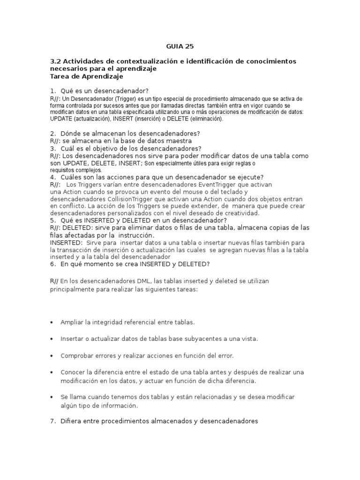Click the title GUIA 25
coord(180,46)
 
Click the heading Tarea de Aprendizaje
coord(86,76)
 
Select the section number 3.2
coord(55,61)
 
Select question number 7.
coord(53,421)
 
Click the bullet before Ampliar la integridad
coord(51,322)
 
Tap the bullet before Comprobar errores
coord(51,356)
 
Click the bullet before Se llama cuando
coord(51,397)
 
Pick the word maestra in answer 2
coord(179,141)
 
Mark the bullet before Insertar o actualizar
coord(51,339)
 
